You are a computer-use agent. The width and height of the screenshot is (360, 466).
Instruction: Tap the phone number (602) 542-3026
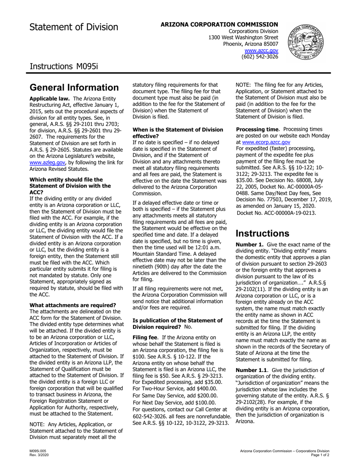click(260, 56)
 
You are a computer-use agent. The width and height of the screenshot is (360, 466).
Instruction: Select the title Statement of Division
click(74, 27)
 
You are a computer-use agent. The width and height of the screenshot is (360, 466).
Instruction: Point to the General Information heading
click(74, 88)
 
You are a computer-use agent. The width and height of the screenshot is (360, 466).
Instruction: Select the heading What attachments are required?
click(73, 305)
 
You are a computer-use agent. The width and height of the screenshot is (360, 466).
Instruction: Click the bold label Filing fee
click(145, 337)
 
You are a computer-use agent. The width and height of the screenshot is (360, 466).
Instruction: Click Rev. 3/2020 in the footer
click(38, 455)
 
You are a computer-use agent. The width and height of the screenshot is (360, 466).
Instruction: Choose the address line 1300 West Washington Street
click(243, 38)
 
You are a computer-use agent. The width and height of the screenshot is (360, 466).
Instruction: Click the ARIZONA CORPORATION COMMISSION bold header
click(219, 24)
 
